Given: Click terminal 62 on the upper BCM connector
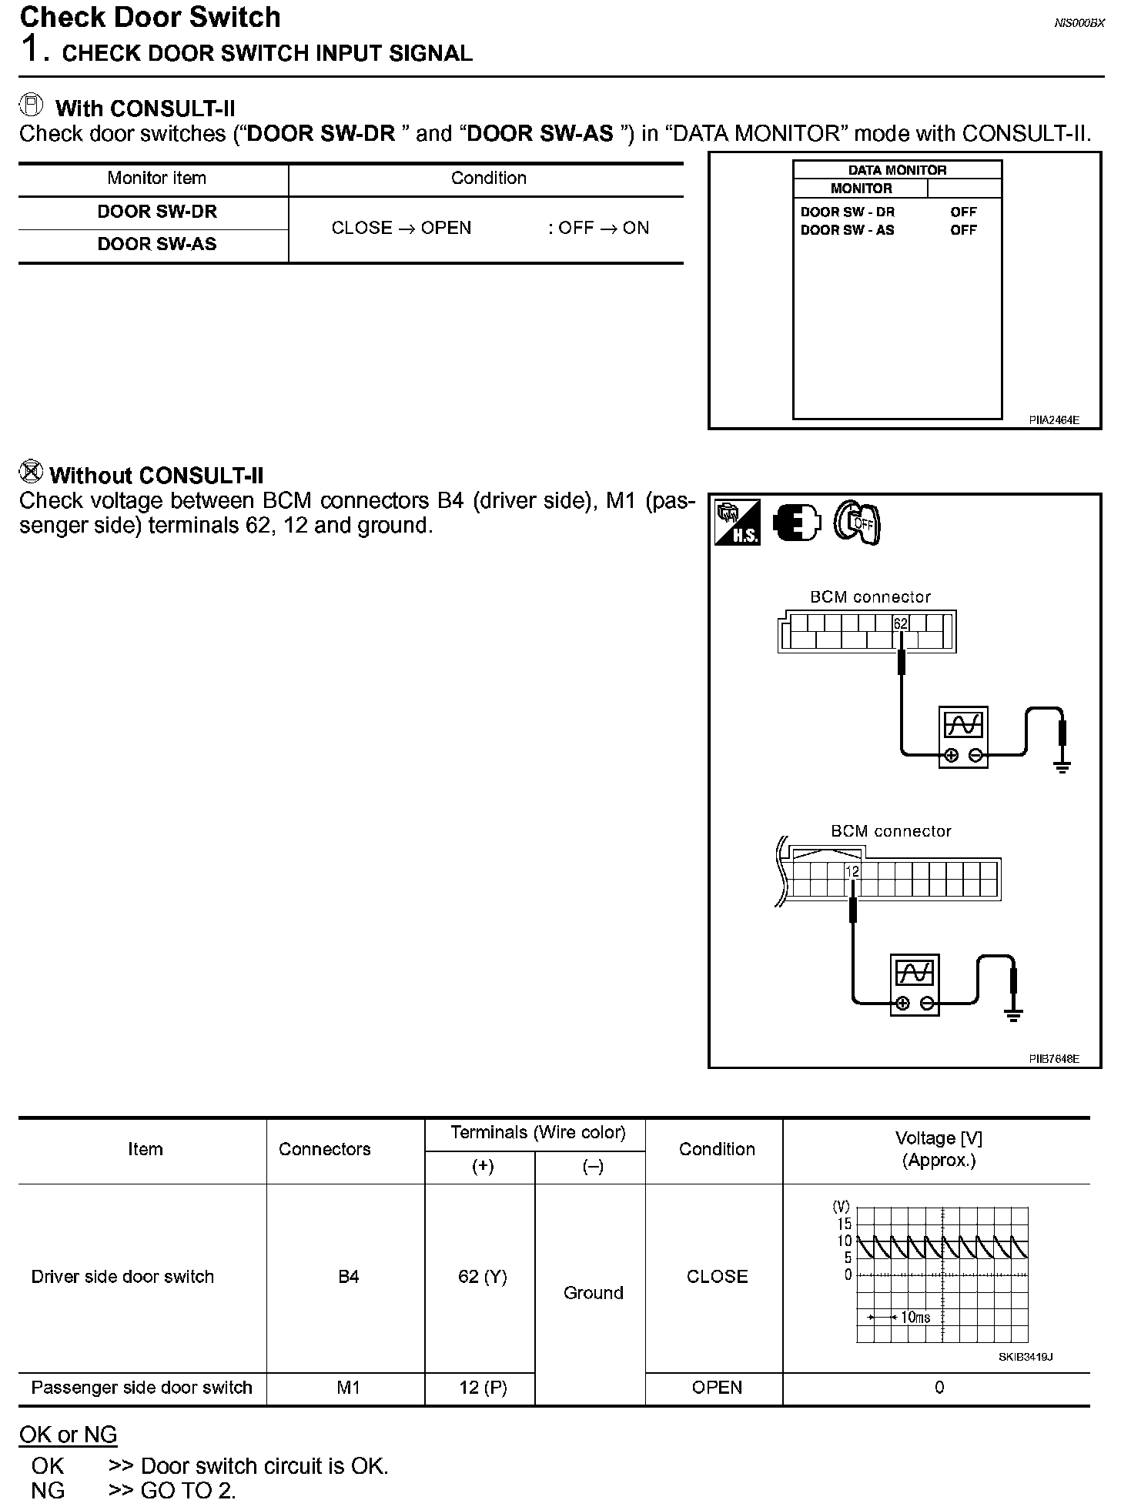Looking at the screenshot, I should (x=900, y=623).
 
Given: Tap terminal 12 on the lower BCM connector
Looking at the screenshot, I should (x=852, y=871).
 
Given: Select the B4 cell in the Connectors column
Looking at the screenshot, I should (x=348, y=1277).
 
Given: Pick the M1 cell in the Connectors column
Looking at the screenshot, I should (x=348, y=1388).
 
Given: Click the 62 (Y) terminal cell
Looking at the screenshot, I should (x=482, y=1277).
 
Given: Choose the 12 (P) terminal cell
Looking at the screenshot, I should (x=482, y=1388).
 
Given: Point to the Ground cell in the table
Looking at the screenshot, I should (x=593, y=1293).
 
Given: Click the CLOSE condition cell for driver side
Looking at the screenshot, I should (x=717, y=1277).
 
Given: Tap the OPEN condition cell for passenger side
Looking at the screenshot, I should (x=717, y=1388).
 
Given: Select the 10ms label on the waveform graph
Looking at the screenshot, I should (x=915, y=1317).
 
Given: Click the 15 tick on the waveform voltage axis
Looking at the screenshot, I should (x=845, y=1224).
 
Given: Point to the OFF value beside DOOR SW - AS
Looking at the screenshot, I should (x=963, y=230).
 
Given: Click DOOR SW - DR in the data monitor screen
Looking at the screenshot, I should (x=847, y=212).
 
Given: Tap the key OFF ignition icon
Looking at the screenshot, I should (x=857, y=523).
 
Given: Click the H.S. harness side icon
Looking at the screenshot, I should (x=737, y=523).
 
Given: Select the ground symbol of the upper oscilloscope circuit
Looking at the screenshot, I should (x=1062, y=766).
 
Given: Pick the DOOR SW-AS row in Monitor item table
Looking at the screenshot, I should (x=157, y=245).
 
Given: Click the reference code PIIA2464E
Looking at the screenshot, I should (x=1053, y=420).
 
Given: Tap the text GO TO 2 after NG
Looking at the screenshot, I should (x=188, y=1491).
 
